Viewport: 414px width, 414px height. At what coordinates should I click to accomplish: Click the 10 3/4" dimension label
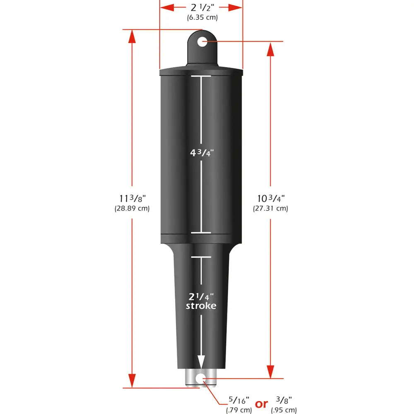coord(270,199)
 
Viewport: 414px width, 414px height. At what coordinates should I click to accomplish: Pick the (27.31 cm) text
coord(270,209)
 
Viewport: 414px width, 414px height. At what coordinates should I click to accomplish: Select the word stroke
coord(201,306)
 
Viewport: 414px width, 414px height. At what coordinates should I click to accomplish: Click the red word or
coord(261,404)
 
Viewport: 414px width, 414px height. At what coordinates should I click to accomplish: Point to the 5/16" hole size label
coord(239,400)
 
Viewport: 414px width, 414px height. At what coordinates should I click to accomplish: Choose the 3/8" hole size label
coord(284,400)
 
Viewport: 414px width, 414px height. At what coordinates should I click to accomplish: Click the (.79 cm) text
coord(239,410)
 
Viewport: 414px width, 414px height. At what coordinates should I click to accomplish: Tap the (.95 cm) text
coord(284,410)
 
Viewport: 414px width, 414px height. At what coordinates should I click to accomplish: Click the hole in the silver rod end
coord(201,378)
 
